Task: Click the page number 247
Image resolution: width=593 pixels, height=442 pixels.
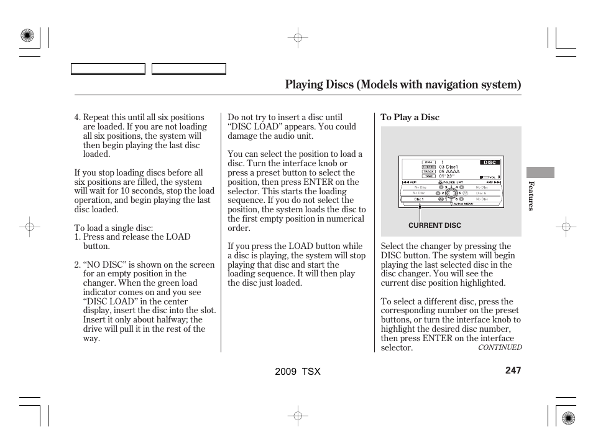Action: (x=513, y=370)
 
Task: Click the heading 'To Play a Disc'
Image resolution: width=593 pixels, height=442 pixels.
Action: (x=410, y=117)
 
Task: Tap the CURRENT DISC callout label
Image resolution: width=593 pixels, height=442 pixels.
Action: (x=434, y=225)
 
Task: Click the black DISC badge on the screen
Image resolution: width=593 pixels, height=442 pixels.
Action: (x=490, y=162)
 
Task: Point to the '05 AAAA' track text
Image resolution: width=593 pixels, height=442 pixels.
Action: (x=449, y=171)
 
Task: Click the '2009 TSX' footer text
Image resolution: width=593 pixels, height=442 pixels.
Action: (x=298, y=371)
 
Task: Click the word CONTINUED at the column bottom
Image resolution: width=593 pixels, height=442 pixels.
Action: (x=499, y=347)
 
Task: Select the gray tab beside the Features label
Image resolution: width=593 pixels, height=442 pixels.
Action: (x=540, y=172)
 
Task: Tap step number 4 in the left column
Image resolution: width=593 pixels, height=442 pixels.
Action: (x=77, y=117)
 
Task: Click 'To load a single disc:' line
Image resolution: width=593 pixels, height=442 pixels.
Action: (x=114, y=228)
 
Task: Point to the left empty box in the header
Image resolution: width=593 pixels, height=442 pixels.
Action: (x=108, y=68)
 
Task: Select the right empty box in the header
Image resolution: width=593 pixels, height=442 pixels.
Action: (x=188, y=68)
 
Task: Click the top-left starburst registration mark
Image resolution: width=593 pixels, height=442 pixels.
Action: (x=27, y=36)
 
